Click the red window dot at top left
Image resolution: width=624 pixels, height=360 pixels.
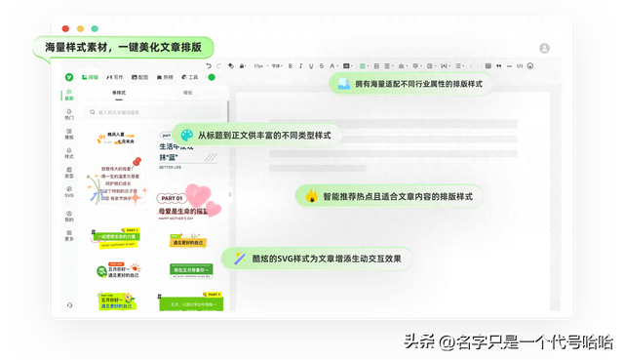[x=65, y=30]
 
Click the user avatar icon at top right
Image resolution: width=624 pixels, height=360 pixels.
[x=544, y=48]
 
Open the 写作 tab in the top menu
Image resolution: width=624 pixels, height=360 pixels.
[x=116, y=76]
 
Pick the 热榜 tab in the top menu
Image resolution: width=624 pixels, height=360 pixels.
[x=167, y=76]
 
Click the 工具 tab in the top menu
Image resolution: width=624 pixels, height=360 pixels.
[x=191, y=76]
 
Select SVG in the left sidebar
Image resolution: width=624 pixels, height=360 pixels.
[x=69, y=194]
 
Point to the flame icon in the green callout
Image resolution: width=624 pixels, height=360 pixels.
[x=312, y=196]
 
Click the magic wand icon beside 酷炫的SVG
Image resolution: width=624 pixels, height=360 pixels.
[x=237, y=259]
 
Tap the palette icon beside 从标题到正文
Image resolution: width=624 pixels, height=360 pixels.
[x=186, y=135]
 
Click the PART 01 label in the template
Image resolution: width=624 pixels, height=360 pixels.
[x=169, y=198]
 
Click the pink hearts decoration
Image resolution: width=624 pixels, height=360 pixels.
[x=203, y=197]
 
